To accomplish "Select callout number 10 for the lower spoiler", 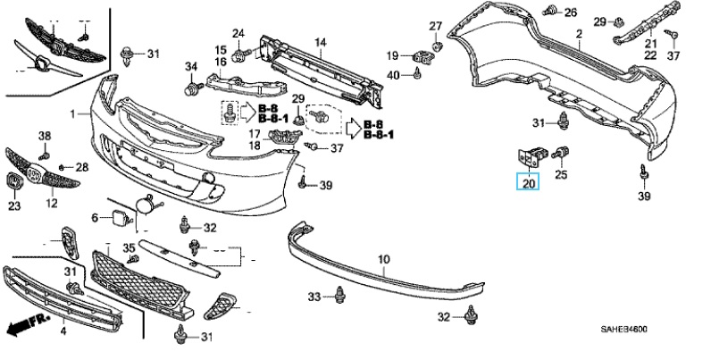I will tap(384, 260).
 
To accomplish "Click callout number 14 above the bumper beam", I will tap(320, 42).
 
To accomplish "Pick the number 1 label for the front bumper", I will tap(74, 113).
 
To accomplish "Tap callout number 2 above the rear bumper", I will tap(579, 35).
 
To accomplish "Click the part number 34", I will tap(190, 67).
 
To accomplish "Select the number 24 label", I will tap(238, 34).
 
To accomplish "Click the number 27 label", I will tap(435, 24).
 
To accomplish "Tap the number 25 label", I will tap(561, 175).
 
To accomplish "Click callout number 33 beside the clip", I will tap(314, 296).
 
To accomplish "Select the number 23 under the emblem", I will tap(13, 206).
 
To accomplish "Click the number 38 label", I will tap(45, 136).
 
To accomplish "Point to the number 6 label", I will tap(95, 218).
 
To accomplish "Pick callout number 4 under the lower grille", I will tap(63, 332).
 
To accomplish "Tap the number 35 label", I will tap(129, 247).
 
